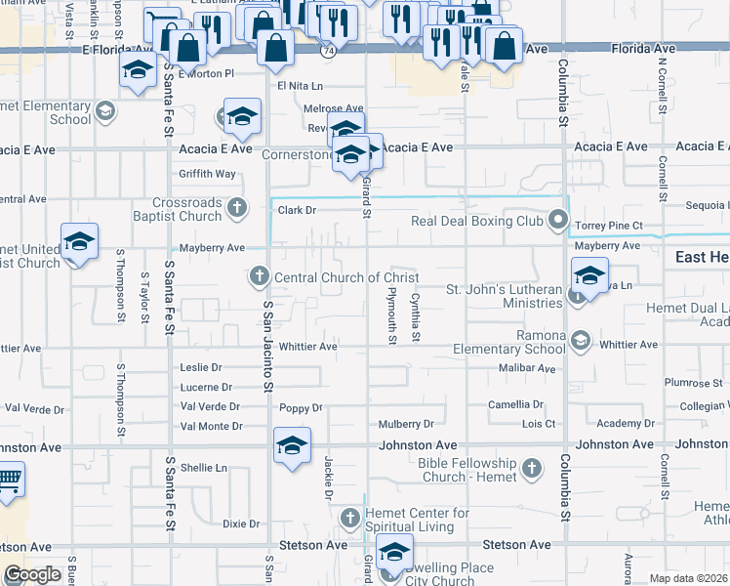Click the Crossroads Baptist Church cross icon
tap(237, 208)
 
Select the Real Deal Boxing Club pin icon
tap(558, 221)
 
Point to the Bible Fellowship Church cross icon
tap(532, 470)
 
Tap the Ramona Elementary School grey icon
tap(581, 340)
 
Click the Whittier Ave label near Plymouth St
tap(307, 347)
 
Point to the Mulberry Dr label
tap(406, 425)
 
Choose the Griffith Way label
tap(207, 174)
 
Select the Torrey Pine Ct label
tap(609, 226)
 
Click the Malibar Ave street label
tap(526, 369)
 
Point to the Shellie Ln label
tap(203, 468)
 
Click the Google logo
tap(32, 574)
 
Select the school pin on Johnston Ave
tap(291, 445)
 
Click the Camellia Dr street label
tap(516, 404)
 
